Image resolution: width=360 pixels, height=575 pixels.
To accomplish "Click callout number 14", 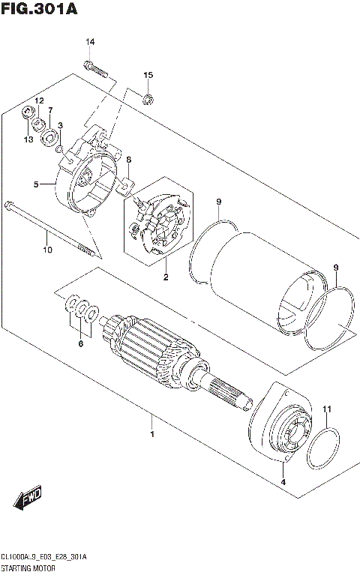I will tap(89, 41).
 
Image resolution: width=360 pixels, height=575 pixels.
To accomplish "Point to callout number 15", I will tap(148, 75).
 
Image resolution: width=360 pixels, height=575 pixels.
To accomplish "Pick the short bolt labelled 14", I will tap(98, 69).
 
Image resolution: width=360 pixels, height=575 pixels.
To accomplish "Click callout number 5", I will tap(35, 184).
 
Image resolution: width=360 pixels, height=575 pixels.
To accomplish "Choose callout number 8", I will tap(128, 160).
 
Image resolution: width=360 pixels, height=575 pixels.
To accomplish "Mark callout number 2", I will tap(166, 277).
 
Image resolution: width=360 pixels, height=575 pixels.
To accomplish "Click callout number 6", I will tap(81, 344).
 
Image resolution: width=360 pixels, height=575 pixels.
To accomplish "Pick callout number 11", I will tap(325, 409).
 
